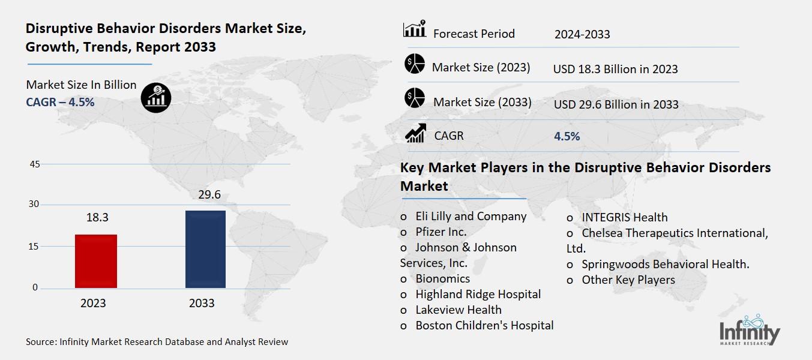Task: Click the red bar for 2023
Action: pos(96,261)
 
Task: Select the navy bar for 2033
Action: pos(205,249)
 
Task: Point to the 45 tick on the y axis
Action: pos(34,164)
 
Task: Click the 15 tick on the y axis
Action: pos(34,247)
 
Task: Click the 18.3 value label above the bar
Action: pos(96,218)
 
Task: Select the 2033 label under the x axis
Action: pos(202,304)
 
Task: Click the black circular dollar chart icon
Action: pos(156,97)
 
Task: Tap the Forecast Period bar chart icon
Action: pos(414,30)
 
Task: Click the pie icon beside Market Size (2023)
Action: pos(414,65)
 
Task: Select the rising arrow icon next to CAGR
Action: pos(415,133)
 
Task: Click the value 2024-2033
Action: pos(582,34)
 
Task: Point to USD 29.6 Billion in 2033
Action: pos(616,104)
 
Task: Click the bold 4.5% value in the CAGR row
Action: pos(567,136)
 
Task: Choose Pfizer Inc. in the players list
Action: pos(441,232)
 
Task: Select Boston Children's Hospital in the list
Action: pos(484,325)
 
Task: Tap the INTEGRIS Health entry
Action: pos(624,217)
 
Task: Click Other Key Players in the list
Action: pos(628,280)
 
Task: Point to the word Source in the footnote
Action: pos(40,342)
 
